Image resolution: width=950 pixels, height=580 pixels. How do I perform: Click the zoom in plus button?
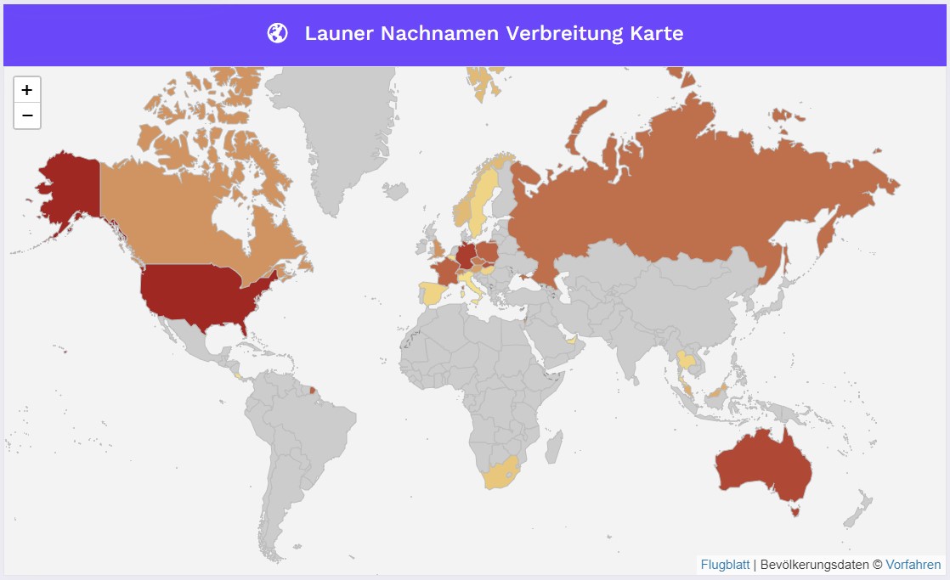coord(27,90)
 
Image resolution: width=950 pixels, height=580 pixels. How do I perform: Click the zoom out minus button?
coord(27,115)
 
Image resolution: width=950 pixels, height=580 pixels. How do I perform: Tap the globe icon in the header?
coord(277,33)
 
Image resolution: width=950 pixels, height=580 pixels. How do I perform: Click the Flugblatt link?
coord(725,565)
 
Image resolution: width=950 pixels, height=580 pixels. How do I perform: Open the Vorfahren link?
coord(913,565)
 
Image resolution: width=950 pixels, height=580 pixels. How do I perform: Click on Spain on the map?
coord(431,294)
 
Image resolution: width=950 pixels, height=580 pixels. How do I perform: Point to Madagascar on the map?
coord(553,445)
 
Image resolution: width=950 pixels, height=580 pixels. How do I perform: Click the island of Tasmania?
coord(795,510)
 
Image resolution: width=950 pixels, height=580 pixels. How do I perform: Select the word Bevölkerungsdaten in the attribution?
coord(816,565)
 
